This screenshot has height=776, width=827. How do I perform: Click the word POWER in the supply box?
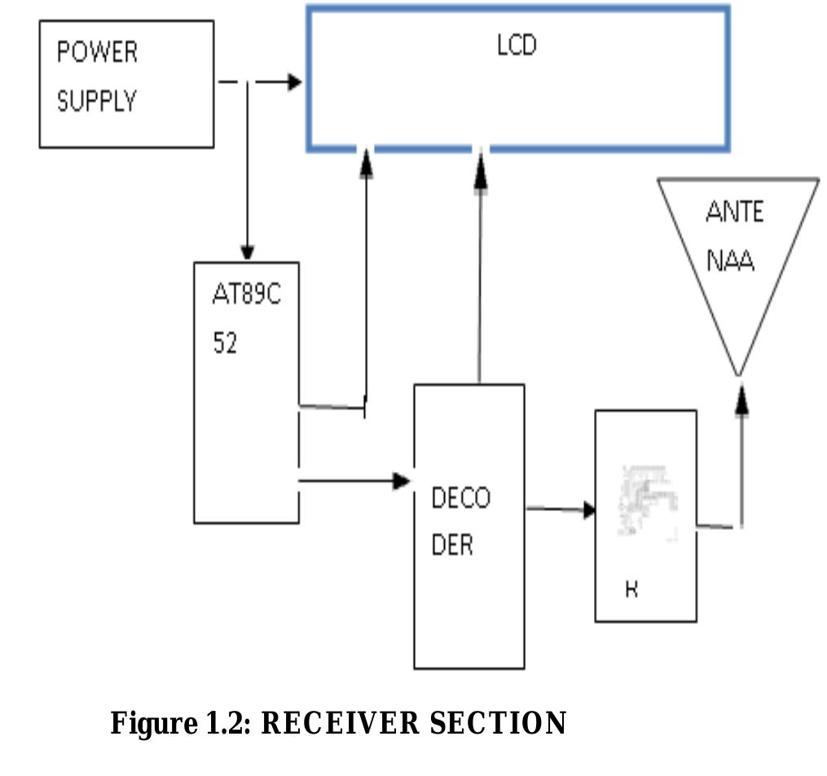pos(97,52)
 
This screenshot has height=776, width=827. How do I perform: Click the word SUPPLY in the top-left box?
pos(96,102)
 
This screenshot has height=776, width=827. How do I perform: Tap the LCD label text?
pos(517,45)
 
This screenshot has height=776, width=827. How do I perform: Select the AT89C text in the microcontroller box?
pos(246,295)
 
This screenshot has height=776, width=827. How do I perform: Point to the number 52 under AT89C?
pos(225,344)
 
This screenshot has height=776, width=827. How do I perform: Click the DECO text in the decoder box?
pos(460,498)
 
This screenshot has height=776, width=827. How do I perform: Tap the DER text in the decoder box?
pos(451,545)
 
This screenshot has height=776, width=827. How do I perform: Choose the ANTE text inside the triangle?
pos(734,212)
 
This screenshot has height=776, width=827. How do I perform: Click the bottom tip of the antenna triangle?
pos(739,373)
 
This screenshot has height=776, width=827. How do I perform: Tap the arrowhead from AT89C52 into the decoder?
pos(402,481)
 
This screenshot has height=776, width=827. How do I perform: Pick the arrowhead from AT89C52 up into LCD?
pos(367,165)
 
